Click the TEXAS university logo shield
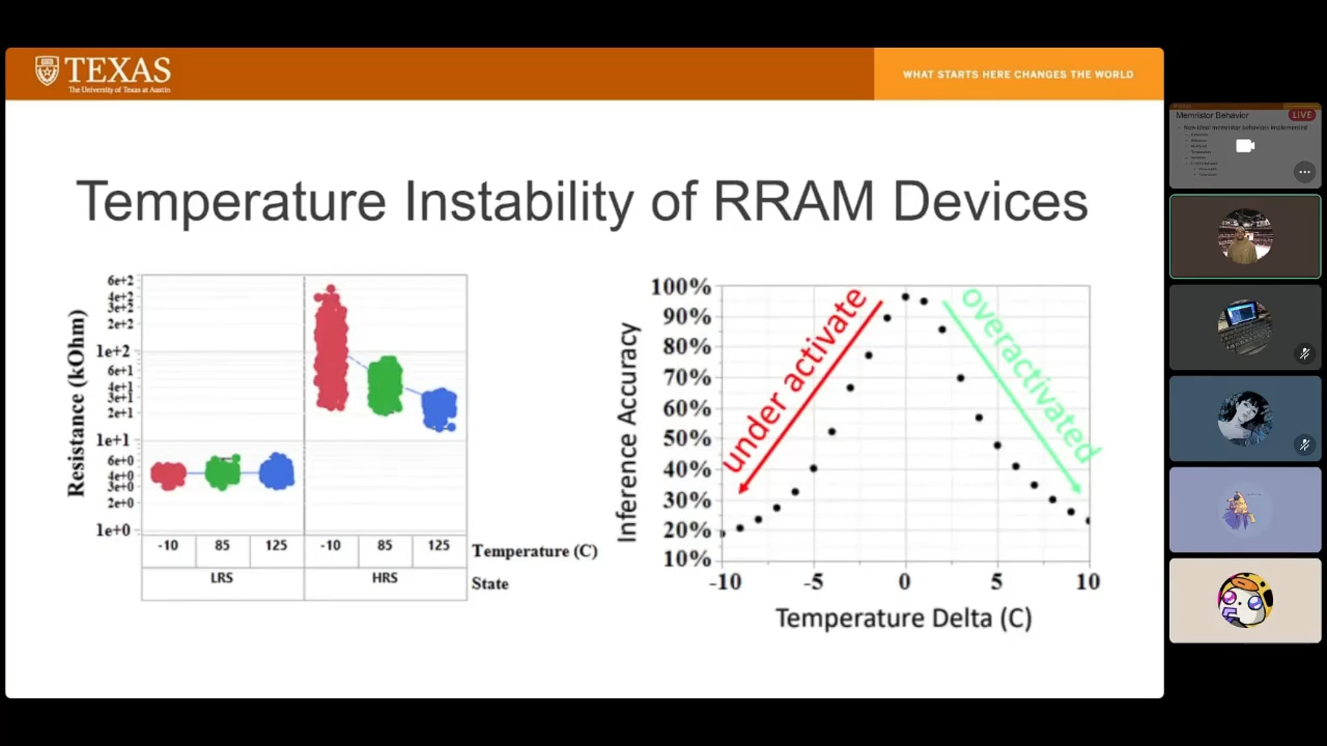point(46,71)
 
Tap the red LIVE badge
point(1302,115)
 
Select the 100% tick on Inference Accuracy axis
point(681,287)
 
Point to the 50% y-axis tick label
point(687,439)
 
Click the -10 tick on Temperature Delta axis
point(725,582)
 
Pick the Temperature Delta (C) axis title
point(903,618)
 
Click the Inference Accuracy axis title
point(628,432)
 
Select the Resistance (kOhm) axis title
point(77,403)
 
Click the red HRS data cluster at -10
point(331,351)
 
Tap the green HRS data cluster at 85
point(385,386)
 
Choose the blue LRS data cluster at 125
point(276,471)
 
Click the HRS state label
point(385,578)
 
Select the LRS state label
point(222,578)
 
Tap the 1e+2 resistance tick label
point(113,351)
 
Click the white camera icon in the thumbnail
point(1245,146)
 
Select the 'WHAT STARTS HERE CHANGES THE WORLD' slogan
point(1018,75)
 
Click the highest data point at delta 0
point(905,297)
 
